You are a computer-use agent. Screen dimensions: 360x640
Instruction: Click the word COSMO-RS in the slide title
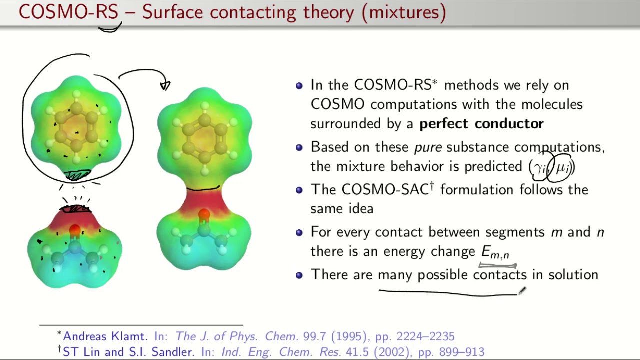tap(68, 12)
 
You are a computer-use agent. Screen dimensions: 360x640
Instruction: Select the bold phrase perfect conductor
tap(481, 124)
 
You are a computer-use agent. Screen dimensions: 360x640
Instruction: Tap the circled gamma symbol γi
tap(540, 167)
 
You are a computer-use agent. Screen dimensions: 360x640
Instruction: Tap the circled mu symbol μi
tap(562, 167)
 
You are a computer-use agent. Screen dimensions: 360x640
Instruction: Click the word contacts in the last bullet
tap(499, 275)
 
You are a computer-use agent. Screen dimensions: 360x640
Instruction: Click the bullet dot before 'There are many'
tap(299, 275)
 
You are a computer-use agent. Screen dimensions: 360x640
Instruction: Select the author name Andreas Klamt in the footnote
tap(105, 336)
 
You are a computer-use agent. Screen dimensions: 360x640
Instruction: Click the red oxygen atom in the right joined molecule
tap(204, 215)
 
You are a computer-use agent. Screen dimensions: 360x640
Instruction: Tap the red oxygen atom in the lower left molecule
tap(75, 231)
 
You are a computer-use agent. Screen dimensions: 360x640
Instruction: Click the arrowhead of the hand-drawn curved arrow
tap(165, 86)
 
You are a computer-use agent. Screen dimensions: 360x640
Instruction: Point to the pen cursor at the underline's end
tap(522, 291)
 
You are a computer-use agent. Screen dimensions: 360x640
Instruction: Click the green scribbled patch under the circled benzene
tap(77, 175)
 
